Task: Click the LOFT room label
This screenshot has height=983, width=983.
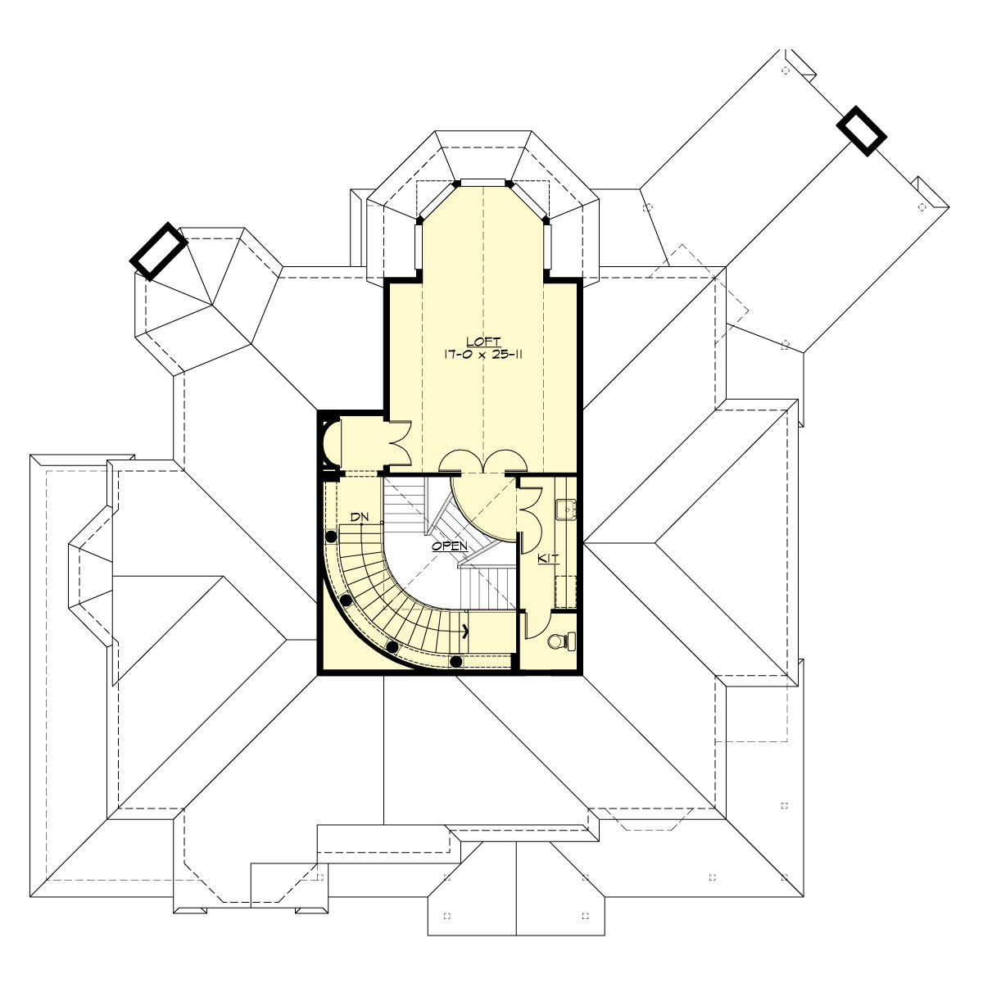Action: (x=484, y=341)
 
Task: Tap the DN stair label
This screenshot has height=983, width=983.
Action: (x=358, y=517)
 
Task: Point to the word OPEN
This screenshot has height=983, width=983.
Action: (x=450, y=546)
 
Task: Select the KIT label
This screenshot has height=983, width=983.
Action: (x=548, y=558)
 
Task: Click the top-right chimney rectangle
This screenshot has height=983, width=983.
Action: (x=862, y=129)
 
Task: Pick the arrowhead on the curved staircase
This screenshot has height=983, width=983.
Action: (x=466, y=631)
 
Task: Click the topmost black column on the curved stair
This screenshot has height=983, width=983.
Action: (x=332, y=537)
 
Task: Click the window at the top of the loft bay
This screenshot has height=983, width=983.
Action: (x=484, y=182)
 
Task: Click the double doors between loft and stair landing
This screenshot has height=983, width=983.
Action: (x=482, y=463)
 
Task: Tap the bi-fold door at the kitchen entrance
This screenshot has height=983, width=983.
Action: (x=527, y=512)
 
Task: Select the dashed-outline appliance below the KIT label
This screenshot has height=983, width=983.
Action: (x=565, y=589)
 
